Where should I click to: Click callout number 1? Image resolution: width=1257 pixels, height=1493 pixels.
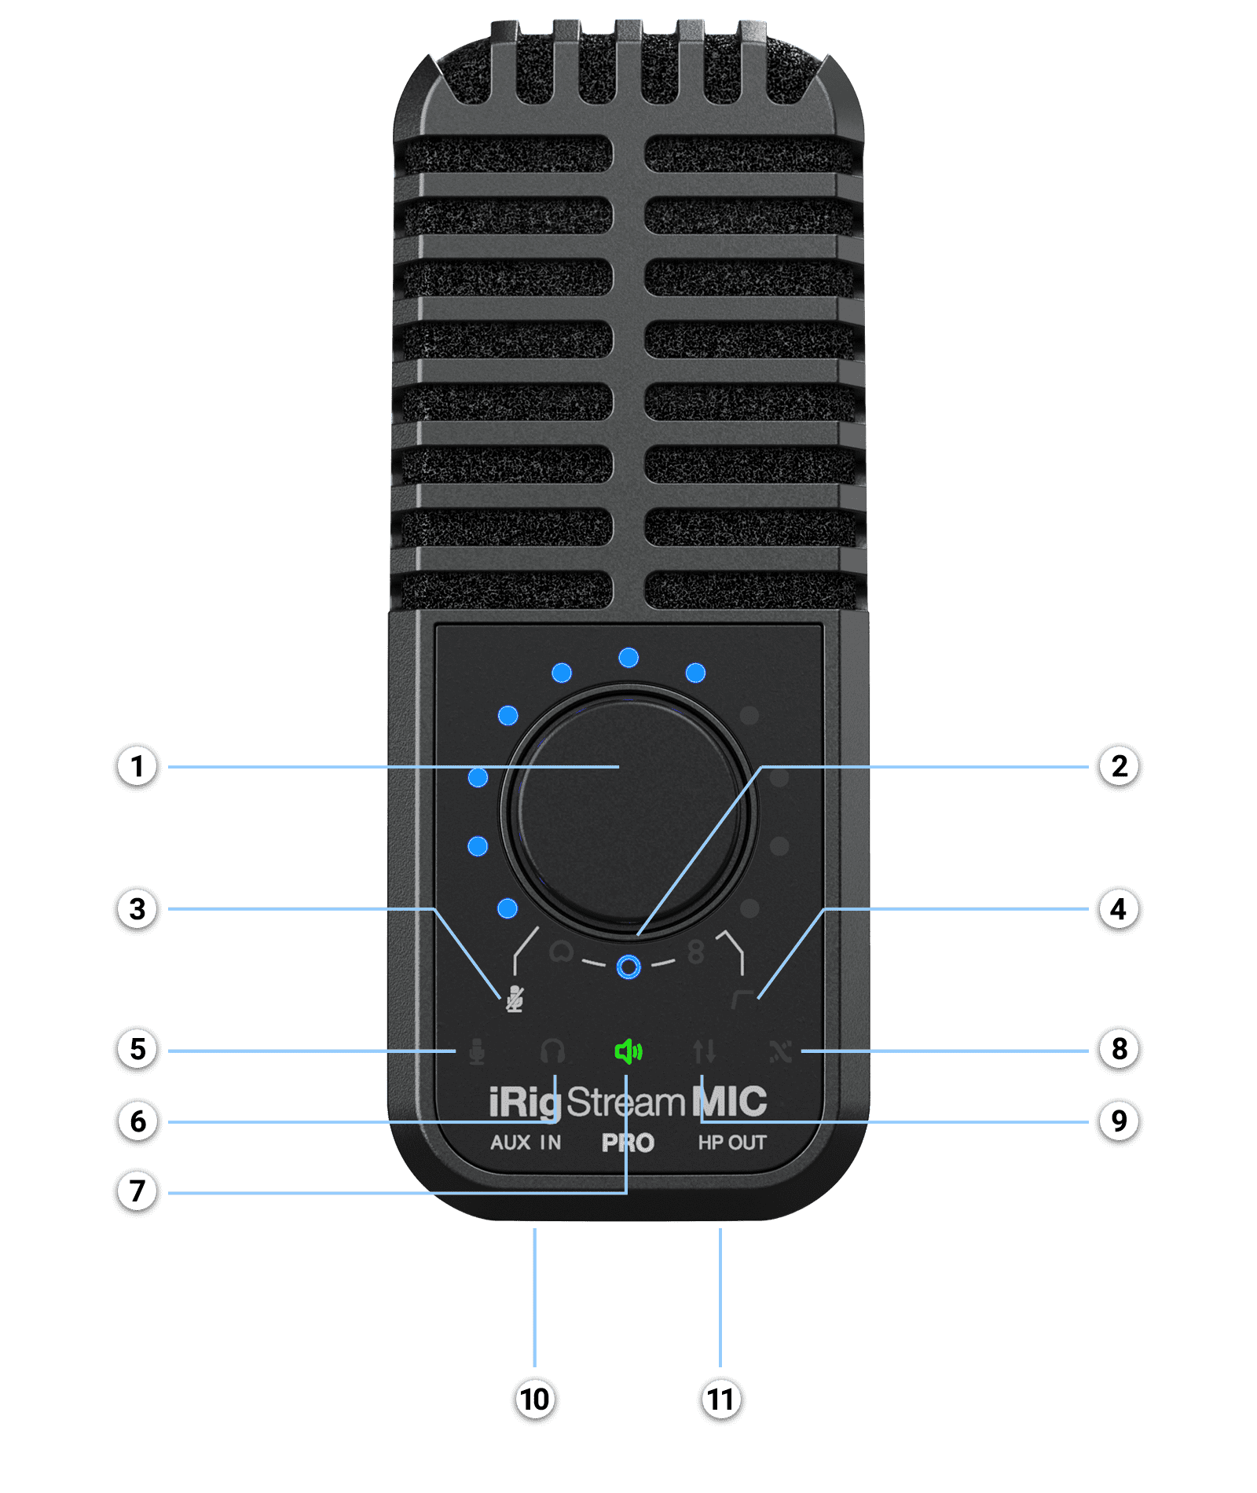coord(137,766)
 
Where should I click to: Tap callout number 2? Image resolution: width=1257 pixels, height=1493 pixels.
coord(1119,766)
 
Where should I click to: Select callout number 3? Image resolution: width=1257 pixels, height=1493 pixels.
coord(137,909)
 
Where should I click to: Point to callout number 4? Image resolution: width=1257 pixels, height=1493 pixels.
coord(1119,909)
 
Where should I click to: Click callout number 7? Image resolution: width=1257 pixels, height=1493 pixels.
coord(137,1190)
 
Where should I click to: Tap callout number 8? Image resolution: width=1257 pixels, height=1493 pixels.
coord(1119,1049)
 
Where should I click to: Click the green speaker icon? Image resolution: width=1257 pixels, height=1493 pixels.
coord(628,1051)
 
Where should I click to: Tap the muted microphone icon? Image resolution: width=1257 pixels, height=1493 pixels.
coord(514,999)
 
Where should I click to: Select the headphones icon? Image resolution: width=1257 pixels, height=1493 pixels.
coord(553,1051)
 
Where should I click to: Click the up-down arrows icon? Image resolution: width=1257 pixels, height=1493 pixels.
coord(705,1051)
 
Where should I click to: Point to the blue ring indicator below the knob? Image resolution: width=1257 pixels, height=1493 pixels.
coord(628,967)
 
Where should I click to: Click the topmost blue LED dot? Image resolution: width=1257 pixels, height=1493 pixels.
coord(628,658)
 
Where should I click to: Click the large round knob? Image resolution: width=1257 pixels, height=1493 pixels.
coord(628,809)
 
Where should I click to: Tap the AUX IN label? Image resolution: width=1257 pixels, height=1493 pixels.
coord(526,1143)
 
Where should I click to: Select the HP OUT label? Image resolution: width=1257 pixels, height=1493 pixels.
coord(732,1143)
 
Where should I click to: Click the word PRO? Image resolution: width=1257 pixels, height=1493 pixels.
coord(628,1143)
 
